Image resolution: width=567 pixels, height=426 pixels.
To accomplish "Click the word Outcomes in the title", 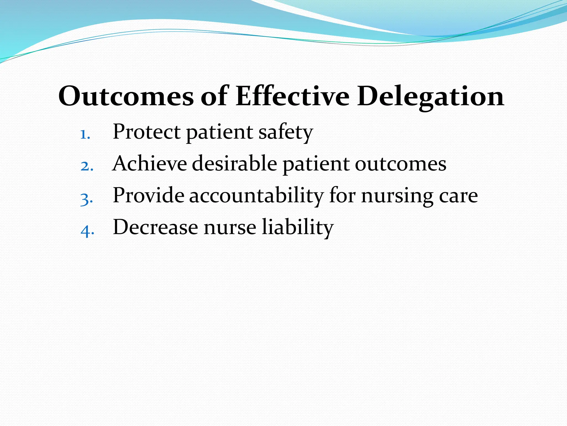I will click(126, 96).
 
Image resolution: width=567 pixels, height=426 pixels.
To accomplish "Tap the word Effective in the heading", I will click(292, 96).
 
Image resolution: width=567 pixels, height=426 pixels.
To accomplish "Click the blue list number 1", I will click(85, 135).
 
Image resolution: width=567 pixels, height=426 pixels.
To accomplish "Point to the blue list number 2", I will click(87, 167).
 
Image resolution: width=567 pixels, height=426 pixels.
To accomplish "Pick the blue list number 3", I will click(86, 199).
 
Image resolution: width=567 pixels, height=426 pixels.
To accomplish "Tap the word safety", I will click(285, 133).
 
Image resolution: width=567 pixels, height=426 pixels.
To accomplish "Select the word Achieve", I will click(150, 164).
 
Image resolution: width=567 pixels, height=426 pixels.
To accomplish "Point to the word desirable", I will click(234, 164).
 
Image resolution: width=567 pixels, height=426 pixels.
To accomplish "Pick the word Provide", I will click(148, 196).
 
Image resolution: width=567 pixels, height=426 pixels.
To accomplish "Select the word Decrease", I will click(155, 227).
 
